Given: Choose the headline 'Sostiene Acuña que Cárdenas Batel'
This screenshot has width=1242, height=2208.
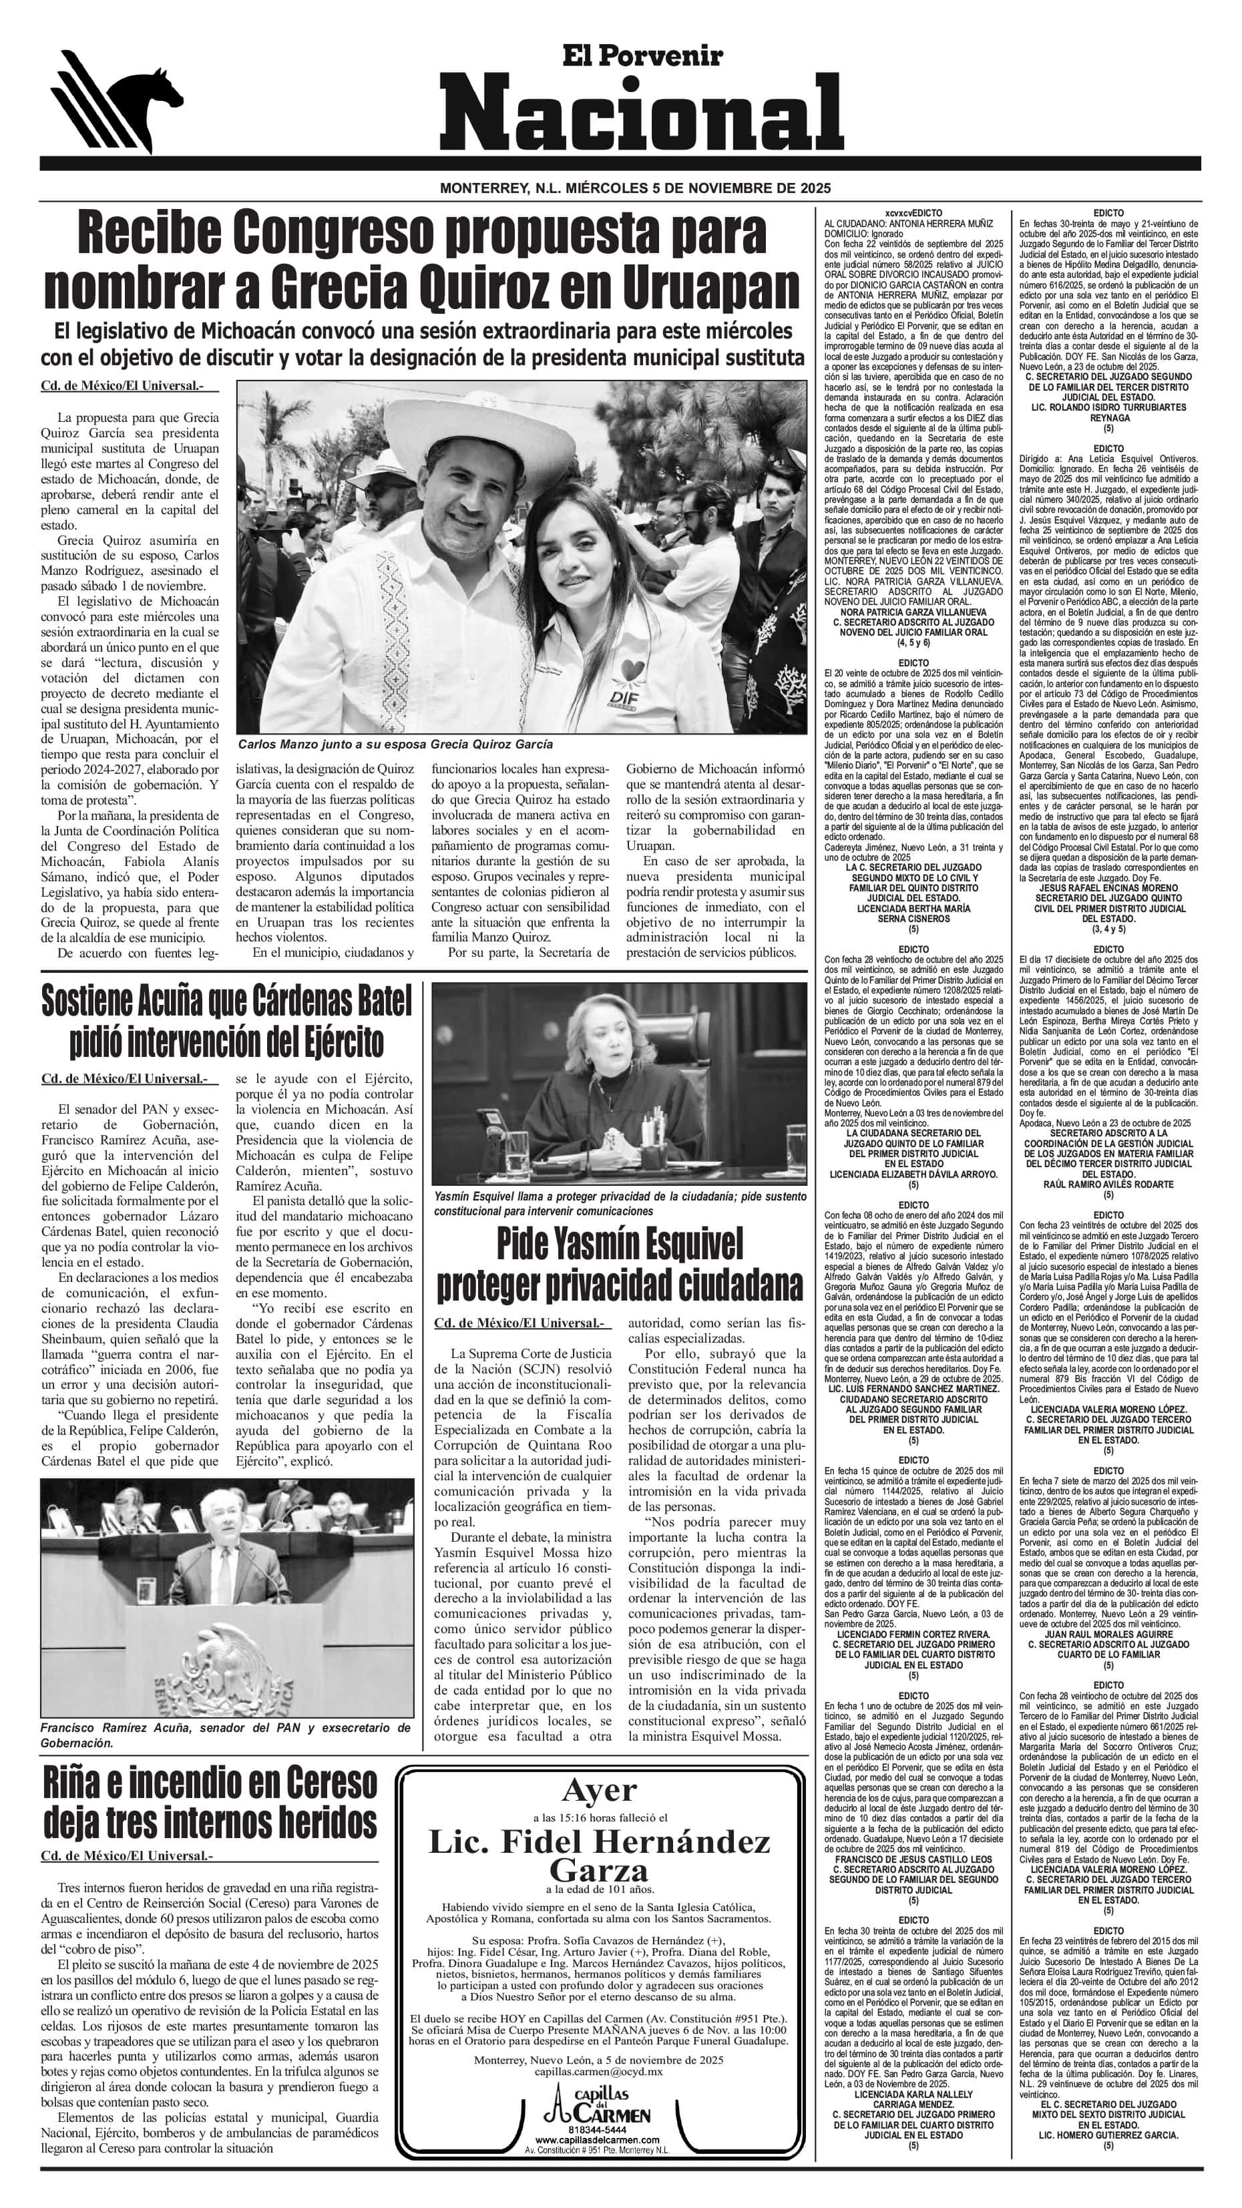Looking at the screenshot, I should pos(226,1000).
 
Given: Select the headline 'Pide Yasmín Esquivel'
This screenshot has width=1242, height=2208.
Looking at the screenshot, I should pos(620,1245).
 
